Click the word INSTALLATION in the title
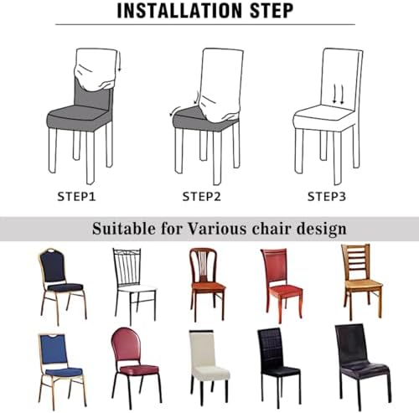(x=179, y=11)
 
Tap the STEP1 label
(x=76, y=197)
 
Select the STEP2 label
(x=202, y=197)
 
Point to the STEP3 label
(x=327, y=197)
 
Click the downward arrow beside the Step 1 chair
(x=120, y=63)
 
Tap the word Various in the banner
(x=217, y=229)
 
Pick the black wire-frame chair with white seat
(x=135, y=287)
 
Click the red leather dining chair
(x=282, y=285)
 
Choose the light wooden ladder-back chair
(x=362, y=282)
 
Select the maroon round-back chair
(x=136, y=366)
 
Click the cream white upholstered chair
(x=209, y=367)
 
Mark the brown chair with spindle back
(x=207, y=284)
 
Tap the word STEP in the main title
(x=271, y=11)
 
